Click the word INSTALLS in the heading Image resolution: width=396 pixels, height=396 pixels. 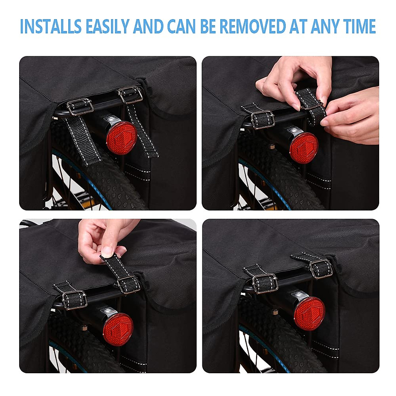coord(50,26)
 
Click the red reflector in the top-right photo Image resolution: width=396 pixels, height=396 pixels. coord(303,148)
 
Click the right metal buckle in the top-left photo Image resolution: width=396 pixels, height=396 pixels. coord(130,94)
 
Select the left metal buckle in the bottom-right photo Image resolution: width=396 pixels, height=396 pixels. coord(265,283)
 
